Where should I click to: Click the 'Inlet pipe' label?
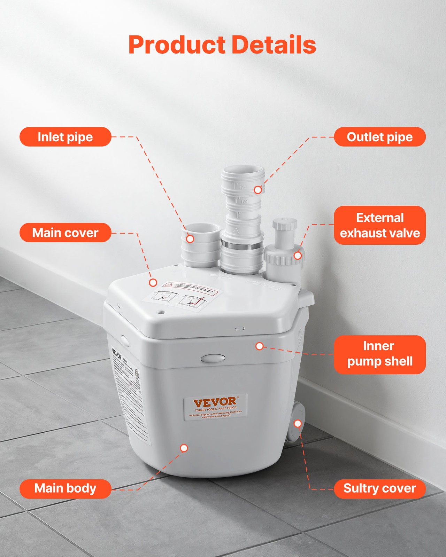pos(65,137)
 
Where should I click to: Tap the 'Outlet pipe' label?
pos(380,137)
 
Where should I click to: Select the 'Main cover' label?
pos(65,233)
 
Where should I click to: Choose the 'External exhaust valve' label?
pos(380,225)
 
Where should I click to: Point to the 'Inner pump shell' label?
pos(380,354)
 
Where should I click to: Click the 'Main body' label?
pos(65,488)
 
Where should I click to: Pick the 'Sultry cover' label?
pos(380,488)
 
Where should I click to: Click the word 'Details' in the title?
pos(274,45)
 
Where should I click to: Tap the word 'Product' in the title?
pos(177,45)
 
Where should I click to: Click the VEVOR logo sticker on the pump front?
pos(215,407)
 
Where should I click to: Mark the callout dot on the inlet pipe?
pos(190,239)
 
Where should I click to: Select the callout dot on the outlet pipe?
pos(258,190)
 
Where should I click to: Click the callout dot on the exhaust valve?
pos(298,256)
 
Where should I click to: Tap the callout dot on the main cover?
pos(153,283)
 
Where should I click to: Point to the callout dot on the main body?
pos(184,448)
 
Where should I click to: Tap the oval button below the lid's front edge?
pos(213,358)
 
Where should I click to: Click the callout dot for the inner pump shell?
pos(260,346)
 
